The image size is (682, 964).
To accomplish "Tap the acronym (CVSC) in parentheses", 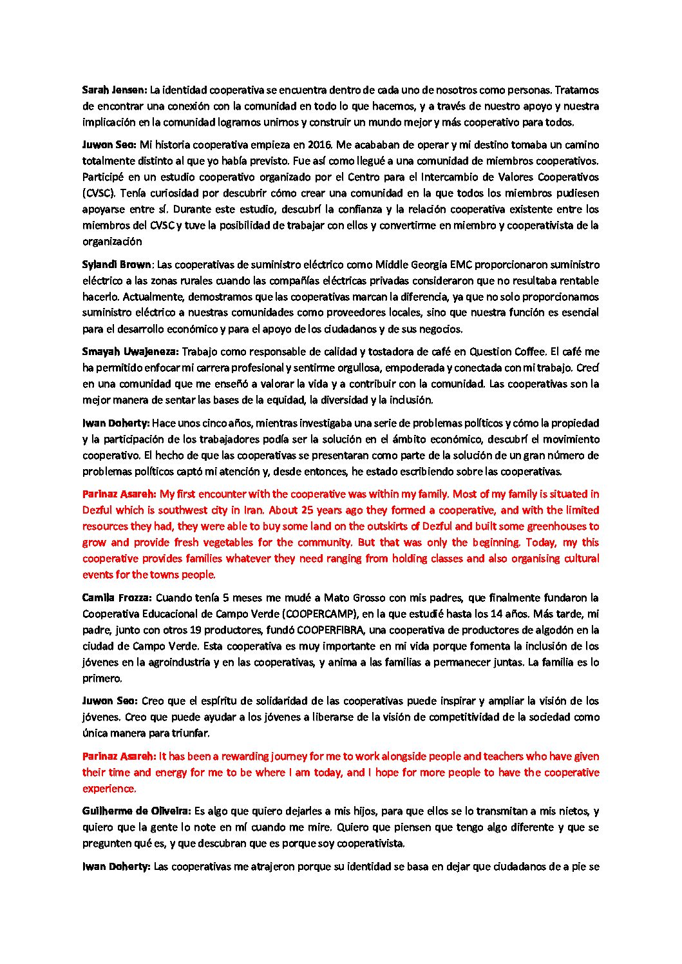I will [97, 193].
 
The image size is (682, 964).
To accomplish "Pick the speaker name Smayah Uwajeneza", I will [131, 352].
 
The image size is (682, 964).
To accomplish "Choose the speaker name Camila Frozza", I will [117, 598].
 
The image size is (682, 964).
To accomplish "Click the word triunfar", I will [189, 733].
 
